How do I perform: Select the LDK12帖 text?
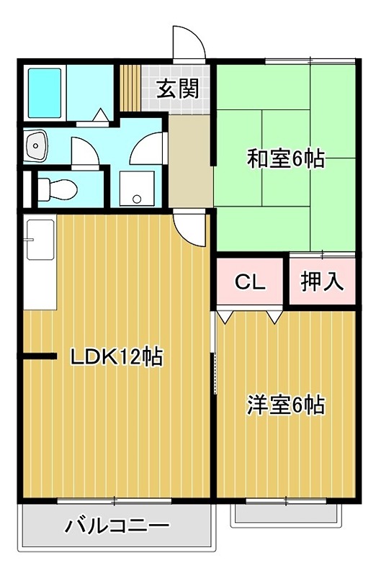[x=115, y=356]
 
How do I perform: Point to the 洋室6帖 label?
[x=286, y=405]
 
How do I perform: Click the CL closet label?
[x=250, y=281]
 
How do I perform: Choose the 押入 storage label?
[x=322, y=281]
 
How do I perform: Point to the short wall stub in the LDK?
[x=40, y=356]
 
